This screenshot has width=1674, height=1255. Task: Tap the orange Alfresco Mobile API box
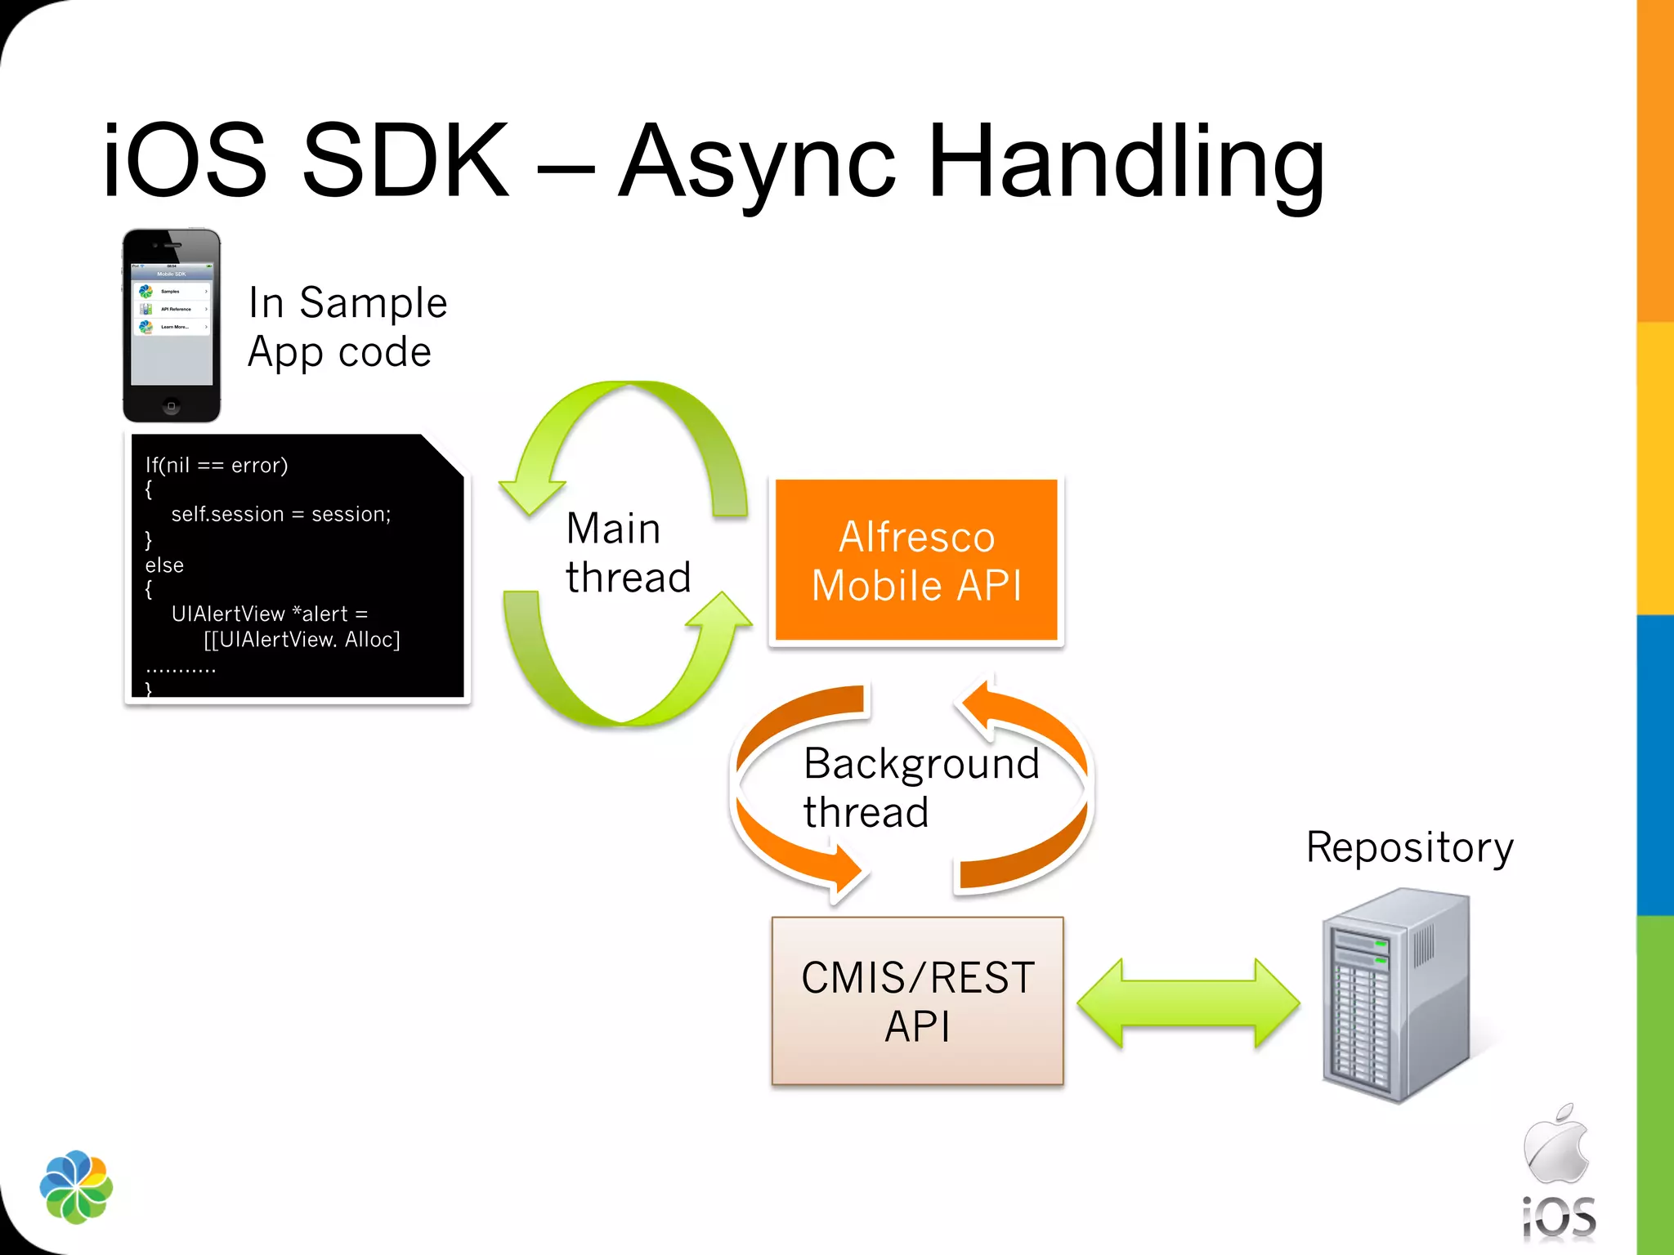click(916, 561)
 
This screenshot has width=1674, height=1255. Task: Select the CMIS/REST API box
click(917, 1001)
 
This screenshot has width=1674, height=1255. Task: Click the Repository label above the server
click(1409, 846)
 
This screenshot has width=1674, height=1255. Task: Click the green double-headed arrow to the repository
click(1188, 1003)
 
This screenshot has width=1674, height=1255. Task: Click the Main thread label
click(627, 552)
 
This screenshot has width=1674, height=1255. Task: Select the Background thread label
click(920, 787)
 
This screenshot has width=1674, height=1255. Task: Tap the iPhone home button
click(171, 406)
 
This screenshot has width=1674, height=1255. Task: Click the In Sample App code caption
click(347, 327)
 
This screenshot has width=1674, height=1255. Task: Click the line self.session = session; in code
click(280, 514)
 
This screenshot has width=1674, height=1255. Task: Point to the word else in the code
click(164, 565)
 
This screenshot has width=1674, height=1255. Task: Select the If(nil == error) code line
click(217, 465)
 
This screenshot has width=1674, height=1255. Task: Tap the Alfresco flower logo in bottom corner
click(76, 1186)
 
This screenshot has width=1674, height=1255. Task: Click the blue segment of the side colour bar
click(1655, 764)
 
